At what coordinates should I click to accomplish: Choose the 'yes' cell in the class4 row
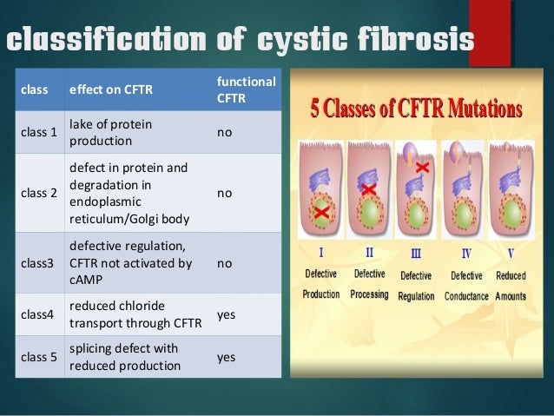click(x=226, y=316)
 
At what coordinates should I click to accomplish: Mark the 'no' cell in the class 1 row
click(x=224, y=133)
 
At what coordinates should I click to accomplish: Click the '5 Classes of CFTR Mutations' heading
click(x=416, y=112)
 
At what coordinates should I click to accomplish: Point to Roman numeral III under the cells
click(x=416, y=254)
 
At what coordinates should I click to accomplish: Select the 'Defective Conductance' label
click(x=467, y=285)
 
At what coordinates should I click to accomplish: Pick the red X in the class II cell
click(x=368, y=189)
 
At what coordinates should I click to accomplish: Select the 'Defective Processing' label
click(x=368, y=284)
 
